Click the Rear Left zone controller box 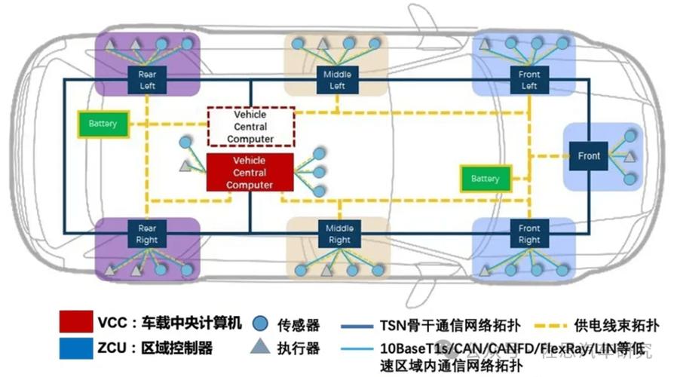click(147, 80)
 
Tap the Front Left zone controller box click(529, 81)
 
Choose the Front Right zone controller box click(529, 234)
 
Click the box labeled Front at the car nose click(589, 156)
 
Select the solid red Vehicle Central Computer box click(249, 172)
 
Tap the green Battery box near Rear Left click(103, 124)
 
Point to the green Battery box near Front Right click(485, 179)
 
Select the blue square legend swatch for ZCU click(75, 348)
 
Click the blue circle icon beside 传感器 click(261, 324)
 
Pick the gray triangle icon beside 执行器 click(261, 348)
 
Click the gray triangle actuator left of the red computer click(185, 164)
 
